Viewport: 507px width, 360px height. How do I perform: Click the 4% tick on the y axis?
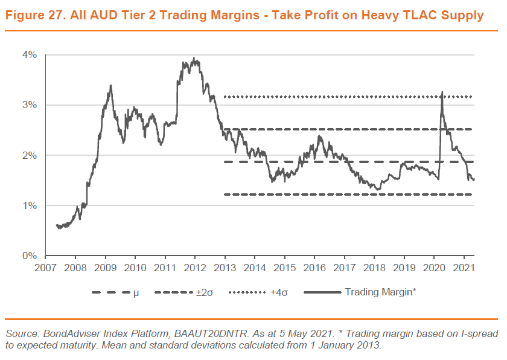coord(31,55)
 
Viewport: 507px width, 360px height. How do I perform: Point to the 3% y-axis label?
coord(31,105)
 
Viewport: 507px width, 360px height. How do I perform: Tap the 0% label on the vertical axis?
coord(31,256)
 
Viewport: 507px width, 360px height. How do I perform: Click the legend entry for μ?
coord(136,293)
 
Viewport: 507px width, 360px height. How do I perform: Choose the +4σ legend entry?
coord(278,293)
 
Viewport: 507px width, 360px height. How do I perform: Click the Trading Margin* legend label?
coord(380,293)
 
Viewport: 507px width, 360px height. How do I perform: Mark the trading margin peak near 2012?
coord(194,59)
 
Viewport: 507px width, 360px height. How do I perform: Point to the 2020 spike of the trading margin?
coord(442,92)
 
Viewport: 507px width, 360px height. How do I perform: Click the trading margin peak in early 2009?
coord(110,86)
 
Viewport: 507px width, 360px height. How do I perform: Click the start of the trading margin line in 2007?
coord(56,225)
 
